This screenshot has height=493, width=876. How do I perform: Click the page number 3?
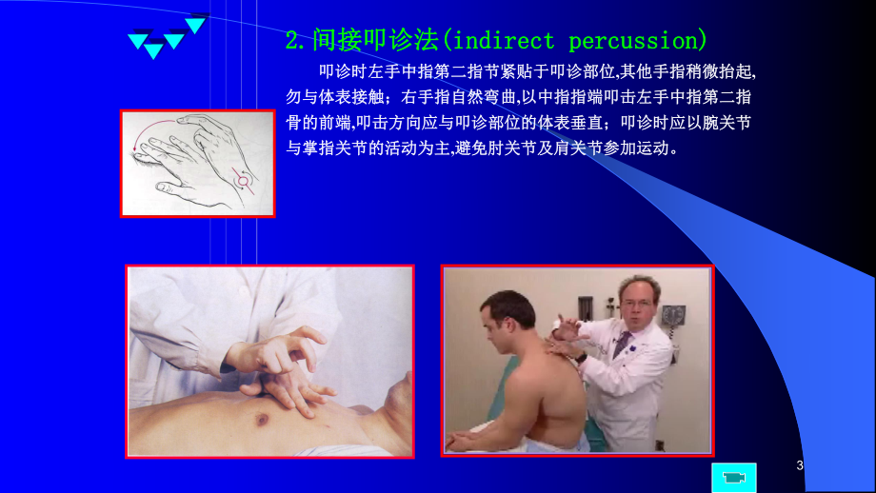[x=800, y=465]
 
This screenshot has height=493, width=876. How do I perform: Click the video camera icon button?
[x=733, y=477]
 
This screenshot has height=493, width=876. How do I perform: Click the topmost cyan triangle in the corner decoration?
[x=196, y=24]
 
